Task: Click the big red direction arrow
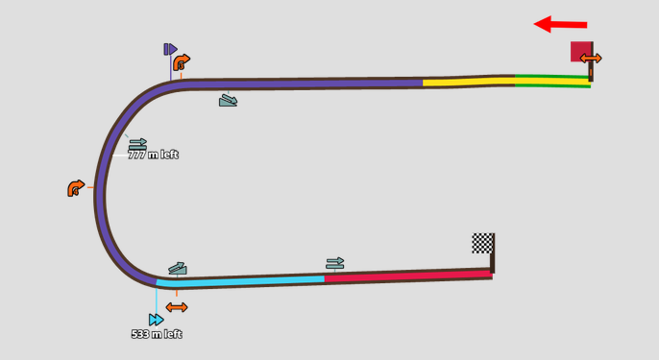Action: (560, 24)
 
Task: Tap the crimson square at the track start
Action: (581, 51)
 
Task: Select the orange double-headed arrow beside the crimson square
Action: (591, 59)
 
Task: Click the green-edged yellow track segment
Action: (552, 81)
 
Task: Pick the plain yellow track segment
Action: (469, 82)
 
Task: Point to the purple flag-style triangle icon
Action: (171, 49)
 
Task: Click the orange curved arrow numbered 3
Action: (182, 62)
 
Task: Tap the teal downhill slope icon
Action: (229, 101)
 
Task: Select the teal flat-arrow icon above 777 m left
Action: (138, 144)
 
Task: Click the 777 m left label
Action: (154, 155)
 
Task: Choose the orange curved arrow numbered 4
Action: (76, 188)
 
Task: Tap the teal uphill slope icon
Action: (178, 269)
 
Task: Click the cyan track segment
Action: (240, 280)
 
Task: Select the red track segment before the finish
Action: (408, 276)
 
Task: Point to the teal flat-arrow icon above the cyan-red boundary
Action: (335, 263)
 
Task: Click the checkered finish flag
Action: (482, 243)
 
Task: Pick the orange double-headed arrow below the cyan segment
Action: (177, 307)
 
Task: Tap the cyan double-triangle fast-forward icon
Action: (156, 320)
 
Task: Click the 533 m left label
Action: (157, 334)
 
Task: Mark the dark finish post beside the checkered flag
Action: (492, 253)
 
